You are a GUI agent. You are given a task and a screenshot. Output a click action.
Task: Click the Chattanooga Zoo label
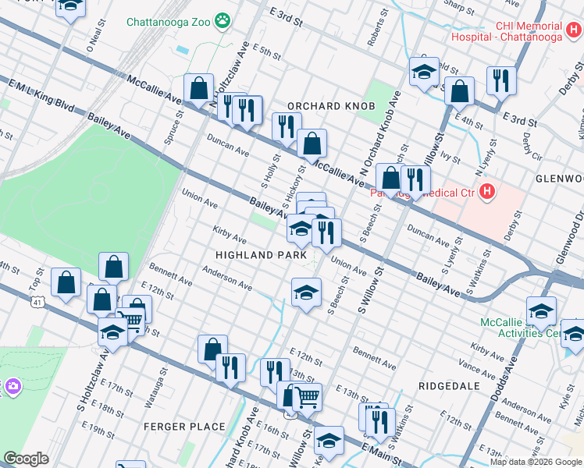[169, 21]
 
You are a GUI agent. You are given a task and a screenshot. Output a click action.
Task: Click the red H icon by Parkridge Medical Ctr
[487, 191]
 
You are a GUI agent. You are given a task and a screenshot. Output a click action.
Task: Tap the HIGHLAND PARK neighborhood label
[255, 255]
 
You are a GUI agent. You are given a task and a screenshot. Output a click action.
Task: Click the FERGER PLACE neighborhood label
[184, 427]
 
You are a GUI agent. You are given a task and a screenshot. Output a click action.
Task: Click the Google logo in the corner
[26, 459]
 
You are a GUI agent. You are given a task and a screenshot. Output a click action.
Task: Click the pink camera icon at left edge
[11, 386]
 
